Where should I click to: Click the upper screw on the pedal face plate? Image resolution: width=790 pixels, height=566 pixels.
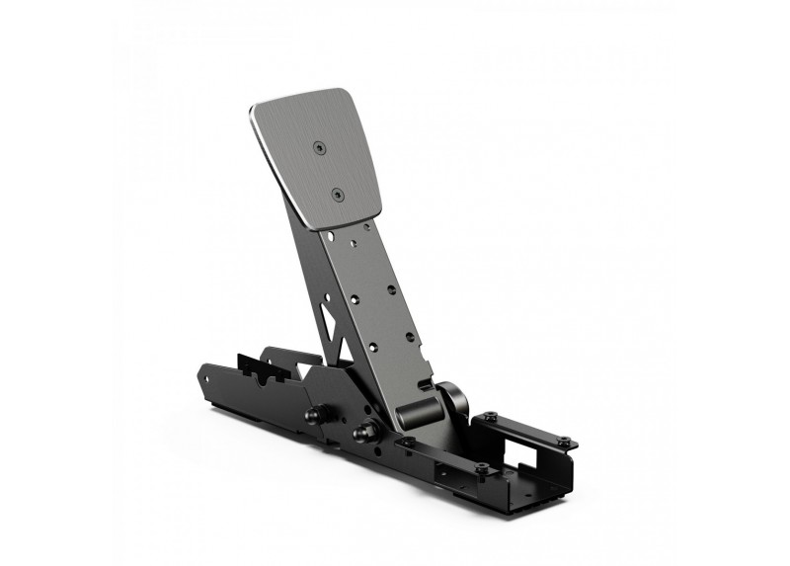pos(318,147)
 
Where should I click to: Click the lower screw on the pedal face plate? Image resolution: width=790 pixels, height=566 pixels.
pos(338,195)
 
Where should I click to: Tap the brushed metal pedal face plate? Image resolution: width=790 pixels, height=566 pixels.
pos(316,163)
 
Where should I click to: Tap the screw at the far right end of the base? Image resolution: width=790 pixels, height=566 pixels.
pos(563,442)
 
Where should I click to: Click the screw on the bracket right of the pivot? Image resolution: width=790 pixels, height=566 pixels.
pos(489,417)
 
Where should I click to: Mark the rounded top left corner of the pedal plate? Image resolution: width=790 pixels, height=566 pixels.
pos(259,110)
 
